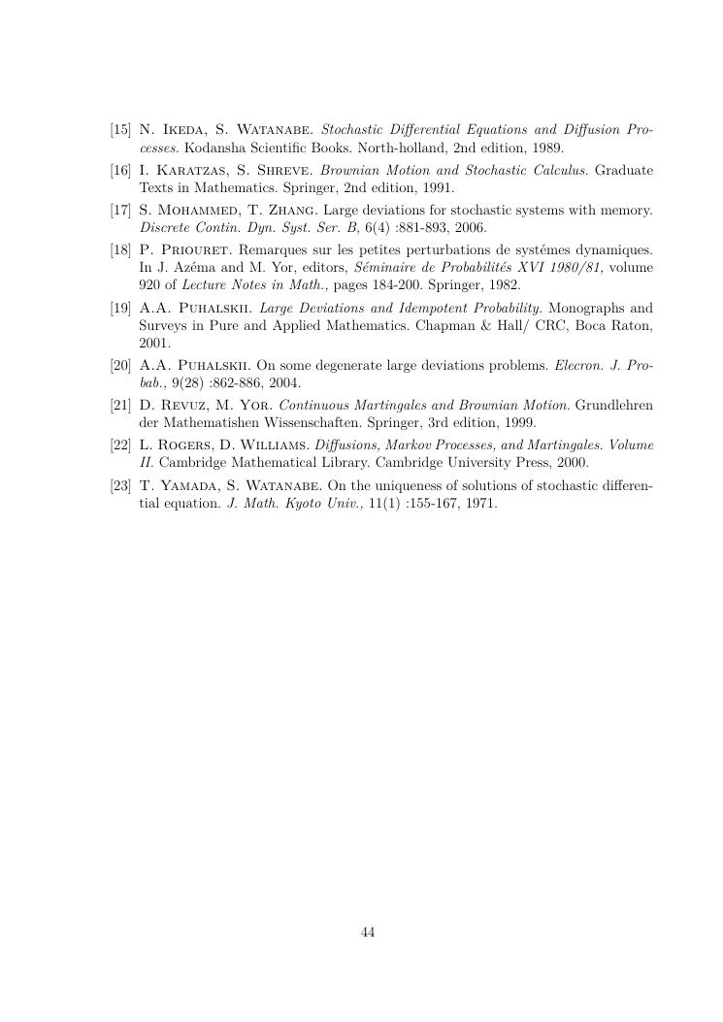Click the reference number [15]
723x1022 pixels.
pyautogui.click(x=121, y=129)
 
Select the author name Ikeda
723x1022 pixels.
pyautogui.click(x=180, y=129)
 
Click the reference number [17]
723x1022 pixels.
pyautogui.click(x=121, y=210)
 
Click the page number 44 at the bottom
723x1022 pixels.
pyautogui.click(x=368, y=933)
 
